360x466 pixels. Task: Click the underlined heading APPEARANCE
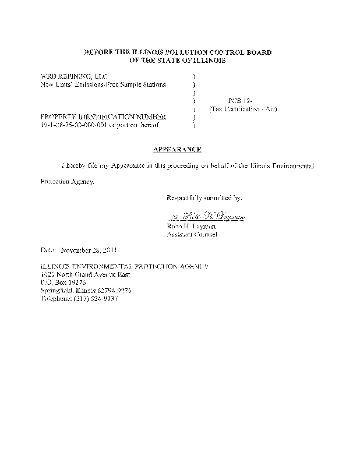click(178, 150)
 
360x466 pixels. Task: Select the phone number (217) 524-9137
click(96, 298)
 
